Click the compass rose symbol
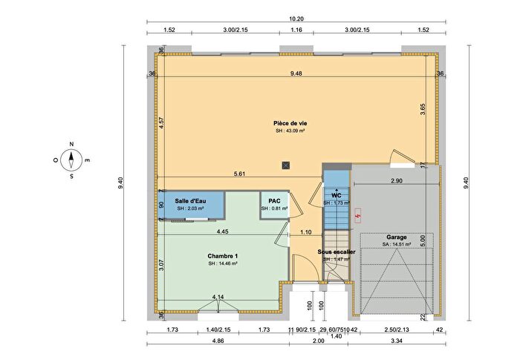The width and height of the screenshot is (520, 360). pos(71,160)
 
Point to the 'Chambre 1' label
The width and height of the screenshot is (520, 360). pos(222,255)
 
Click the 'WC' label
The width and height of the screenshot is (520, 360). pos(336,195)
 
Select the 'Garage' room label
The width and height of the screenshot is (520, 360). pos(396,238)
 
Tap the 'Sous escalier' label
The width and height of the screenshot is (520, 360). pos(337,252)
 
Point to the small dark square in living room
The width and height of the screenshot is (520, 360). pos(286,164)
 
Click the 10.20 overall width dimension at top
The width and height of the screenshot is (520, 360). pos(296,19)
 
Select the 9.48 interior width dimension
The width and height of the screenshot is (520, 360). pos(296,73)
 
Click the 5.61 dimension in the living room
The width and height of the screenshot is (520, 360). pos(239,174)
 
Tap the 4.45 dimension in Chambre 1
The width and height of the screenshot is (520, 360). pos(222,232)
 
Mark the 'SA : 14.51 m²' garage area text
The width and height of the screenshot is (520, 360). pos(396,245)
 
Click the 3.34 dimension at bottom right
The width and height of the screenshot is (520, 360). pos(395,342)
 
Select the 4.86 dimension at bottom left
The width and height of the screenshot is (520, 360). pos(218,342)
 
